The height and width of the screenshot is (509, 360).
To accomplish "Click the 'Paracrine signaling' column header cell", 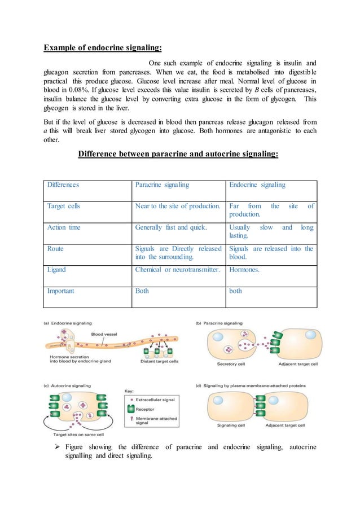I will tap(163, 185).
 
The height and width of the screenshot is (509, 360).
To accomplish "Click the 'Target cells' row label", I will tap(63, 206).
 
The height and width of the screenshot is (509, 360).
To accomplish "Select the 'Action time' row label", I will tap(63, 228).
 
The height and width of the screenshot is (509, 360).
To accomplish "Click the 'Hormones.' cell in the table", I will tap(244, 270).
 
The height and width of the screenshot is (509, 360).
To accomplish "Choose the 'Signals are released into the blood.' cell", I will tap(271, 253).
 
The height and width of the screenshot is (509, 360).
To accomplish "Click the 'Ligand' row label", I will tap(56, 270).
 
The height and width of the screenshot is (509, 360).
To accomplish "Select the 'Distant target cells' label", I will tap(160, 361).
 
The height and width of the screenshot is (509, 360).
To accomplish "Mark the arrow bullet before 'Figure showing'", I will tap(54, 447).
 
